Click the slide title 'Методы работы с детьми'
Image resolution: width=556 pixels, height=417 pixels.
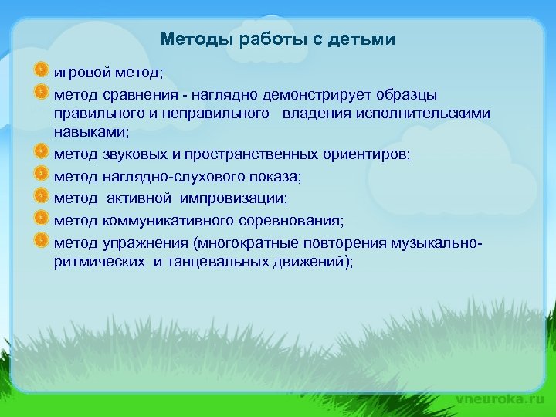tap(278, 39)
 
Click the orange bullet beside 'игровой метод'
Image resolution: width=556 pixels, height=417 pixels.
tap(42, 72)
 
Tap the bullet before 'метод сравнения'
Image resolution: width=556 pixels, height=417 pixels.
tap(42, 93)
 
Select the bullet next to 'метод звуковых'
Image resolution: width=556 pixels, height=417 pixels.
tap(42, 153)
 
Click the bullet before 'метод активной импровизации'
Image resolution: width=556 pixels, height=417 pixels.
tap(42, 197)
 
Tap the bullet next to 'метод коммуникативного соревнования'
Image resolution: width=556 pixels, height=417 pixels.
tap(42, 219)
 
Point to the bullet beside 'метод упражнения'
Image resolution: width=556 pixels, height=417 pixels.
tap(42, 240)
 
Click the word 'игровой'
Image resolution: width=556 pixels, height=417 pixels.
tap(80, 73)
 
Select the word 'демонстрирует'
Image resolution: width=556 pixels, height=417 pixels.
tap(311, 94)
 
